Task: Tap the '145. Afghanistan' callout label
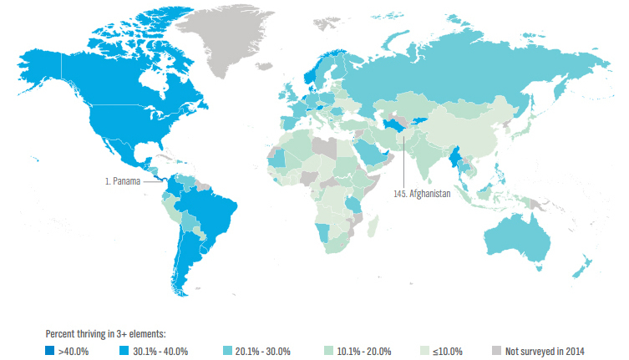[422, 194]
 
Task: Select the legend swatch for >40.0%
[52, 351]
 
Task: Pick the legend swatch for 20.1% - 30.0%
[230, 351]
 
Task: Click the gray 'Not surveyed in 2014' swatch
[496, 351]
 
